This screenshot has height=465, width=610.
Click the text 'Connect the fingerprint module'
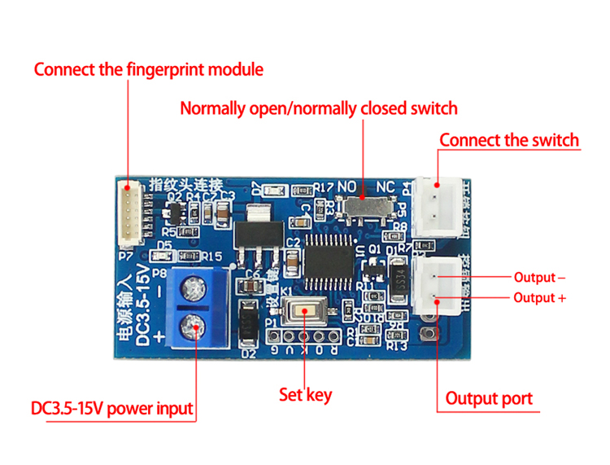click(148, 69)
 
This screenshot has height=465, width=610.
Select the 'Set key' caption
click(305, 395)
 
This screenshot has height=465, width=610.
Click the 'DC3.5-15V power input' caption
click(112, 408)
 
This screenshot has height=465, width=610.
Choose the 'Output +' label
click(539, 298)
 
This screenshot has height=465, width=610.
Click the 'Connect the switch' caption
click(509, 139)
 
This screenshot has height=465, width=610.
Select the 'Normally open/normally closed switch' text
click(318, 108)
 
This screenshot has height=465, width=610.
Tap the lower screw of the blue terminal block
click(195, 329)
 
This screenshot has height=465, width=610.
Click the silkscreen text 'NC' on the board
click(386, 187)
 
